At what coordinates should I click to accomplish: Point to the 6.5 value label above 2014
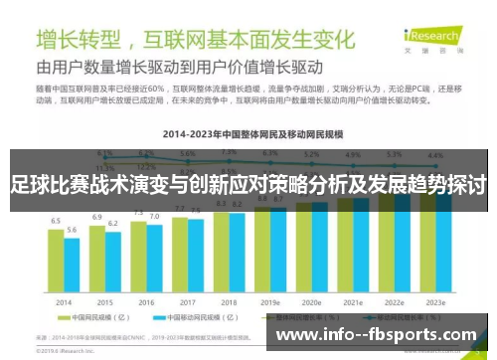pyautogui.click(x=56, y=221)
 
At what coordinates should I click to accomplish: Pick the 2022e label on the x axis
pyautogui.click(x=395, y=302)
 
